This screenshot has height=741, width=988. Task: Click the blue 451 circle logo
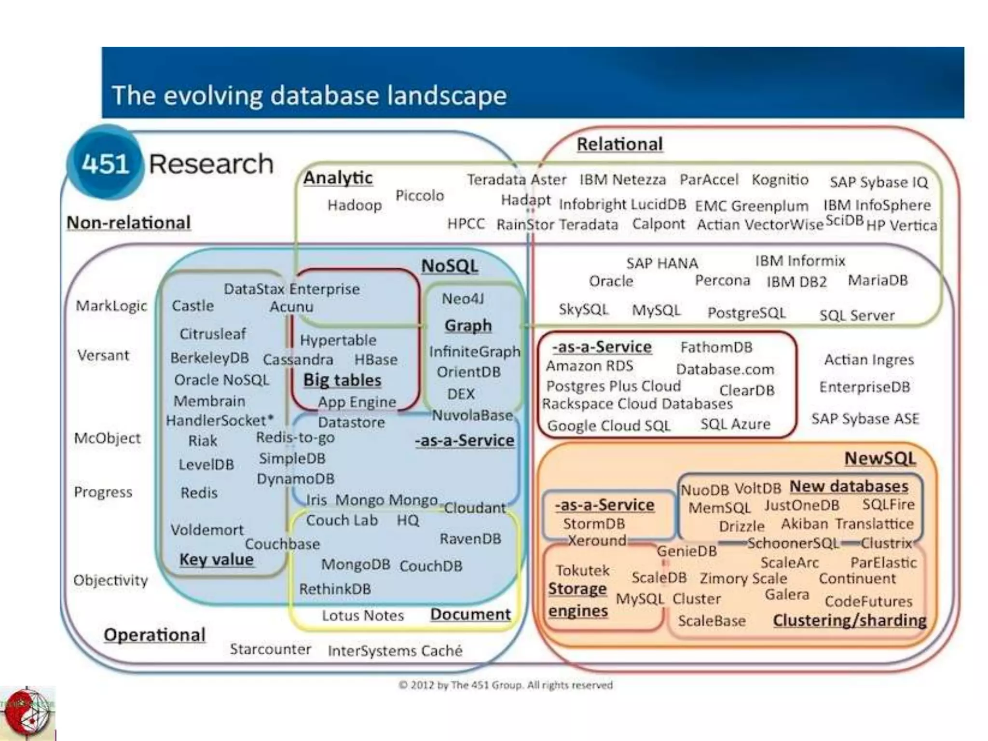click(105, 163)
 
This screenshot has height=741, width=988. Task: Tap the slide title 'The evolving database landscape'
click(309, 95)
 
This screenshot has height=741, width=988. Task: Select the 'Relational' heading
click(619, 144)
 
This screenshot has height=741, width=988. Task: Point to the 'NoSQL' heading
click(449, 266)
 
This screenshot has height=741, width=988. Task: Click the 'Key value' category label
click(216, 560)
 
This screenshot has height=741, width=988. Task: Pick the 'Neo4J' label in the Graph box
click(462, 299)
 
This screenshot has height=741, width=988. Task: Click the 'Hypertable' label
click(338, 340)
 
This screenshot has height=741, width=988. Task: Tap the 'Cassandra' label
click(298, 359)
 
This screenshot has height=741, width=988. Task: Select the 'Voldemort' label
click(207, 530)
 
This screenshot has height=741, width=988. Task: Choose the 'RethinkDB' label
click(335, 589)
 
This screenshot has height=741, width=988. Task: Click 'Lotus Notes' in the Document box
click(363, 616)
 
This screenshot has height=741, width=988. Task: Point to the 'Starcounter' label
click(270, 649)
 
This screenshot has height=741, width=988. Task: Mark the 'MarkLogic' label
click(111, 306)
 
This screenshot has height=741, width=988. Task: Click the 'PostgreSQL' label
click(746, 313)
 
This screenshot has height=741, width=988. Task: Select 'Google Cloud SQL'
click(608, 425)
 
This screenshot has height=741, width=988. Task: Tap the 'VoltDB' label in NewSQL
click(757, 489)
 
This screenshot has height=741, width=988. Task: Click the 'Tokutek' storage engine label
click(583, 571)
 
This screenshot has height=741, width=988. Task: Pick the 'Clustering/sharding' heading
click(849, 620)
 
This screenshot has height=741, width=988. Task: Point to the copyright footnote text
click(506, 685)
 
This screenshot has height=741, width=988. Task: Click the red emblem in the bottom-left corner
click(27, 713)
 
